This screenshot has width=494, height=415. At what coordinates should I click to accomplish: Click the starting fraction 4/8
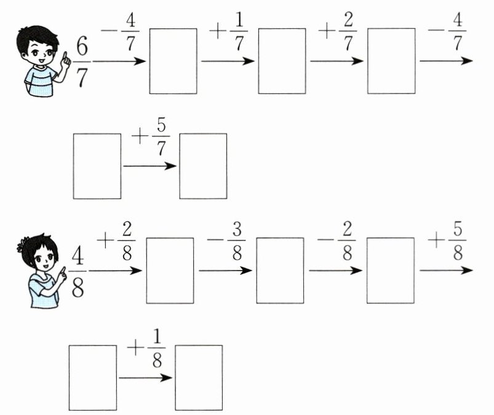pos(78,271)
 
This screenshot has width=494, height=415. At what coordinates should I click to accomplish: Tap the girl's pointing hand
pos(62,274)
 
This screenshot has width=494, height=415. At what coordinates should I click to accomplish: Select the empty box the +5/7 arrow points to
pos(203,166)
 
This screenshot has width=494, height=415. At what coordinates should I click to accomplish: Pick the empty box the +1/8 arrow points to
pos(199,377)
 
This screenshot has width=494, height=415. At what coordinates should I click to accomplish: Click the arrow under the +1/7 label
pos(228,61)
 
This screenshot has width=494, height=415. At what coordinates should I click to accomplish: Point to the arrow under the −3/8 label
pos(225,271)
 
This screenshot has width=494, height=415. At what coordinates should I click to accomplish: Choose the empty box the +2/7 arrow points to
pos(391,61)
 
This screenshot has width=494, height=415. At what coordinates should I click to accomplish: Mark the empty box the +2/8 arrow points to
pos(170,271)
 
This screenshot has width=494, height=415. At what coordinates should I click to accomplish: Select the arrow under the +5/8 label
pos(446,271)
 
